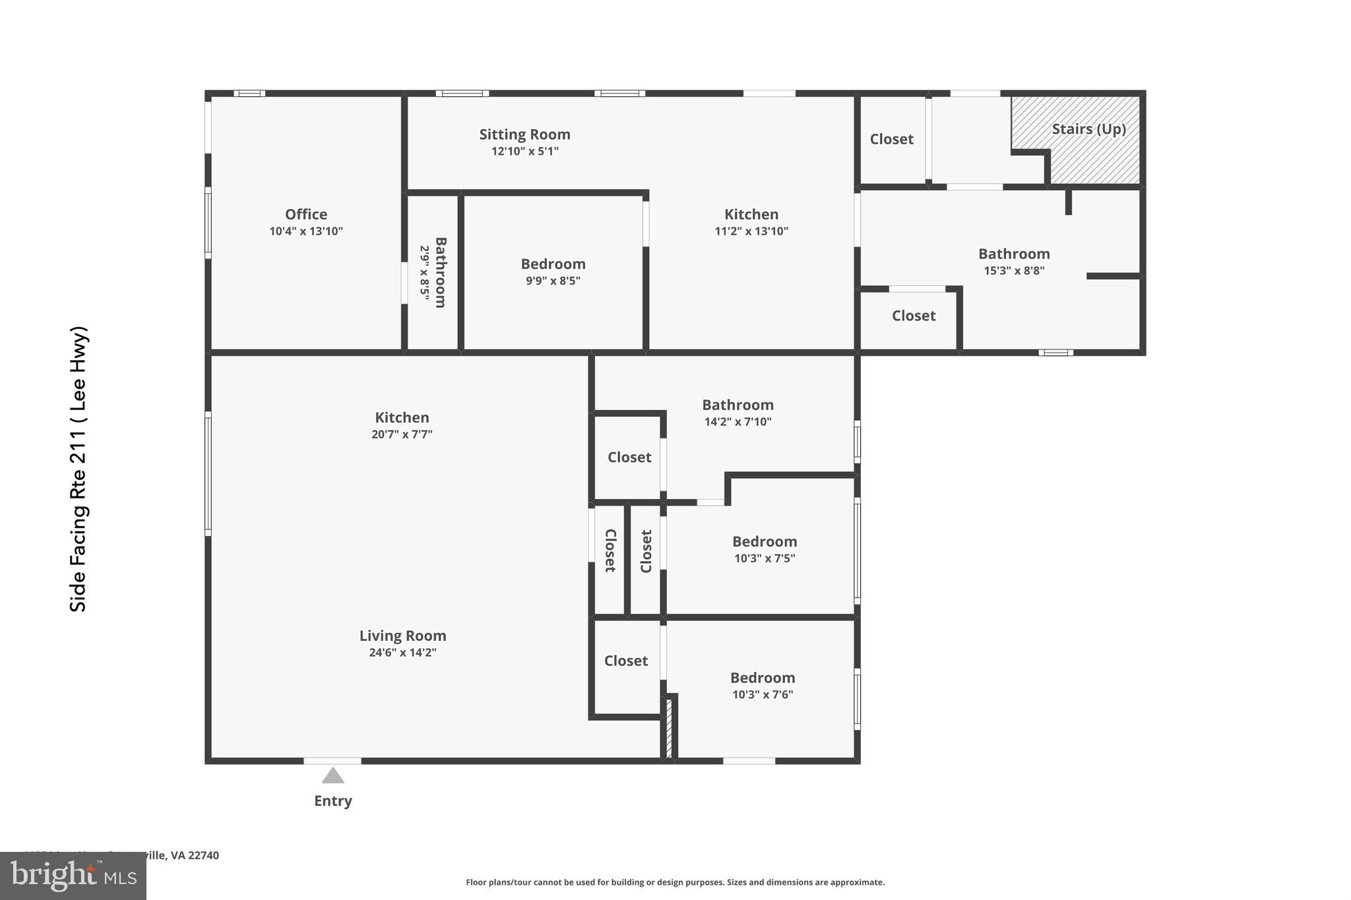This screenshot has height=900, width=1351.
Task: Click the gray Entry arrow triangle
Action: coord(332,776)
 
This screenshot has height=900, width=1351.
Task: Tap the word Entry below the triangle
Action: coord(332,800)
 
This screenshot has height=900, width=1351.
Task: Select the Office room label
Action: coord(306,214)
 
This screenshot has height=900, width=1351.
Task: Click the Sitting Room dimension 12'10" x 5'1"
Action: coord(524,151)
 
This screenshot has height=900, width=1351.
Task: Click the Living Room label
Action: coord(402,636)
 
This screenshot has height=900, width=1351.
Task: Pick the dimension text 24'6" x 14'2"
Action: coord(402,653)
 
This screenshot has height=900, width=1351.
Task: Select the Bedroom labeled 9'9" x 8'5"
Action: coord(553,264)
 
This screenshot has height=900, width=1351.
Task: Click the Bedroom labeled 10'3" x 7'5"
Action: coord(765,541)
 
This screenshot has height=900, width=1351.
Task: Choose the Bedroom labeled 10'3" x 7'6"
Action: coord(763,678)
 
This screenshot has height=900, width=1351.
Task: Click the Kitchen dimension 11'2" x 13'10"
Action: coord(751,231)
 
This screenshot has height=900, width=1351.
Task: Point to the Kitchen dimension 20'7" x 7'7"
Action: coord(402,435)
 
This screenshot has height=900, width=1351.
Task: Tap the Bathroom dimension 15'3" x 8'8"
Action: coord(1014,271)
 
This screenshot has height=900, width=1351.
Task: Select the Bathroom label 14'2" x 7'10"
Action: coord(738,405)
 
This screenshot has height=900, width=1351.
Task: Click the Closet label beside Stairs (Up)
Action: coord(891,139)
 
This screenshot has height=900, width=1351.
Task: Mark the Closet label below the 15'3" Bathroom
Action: coord(914,316)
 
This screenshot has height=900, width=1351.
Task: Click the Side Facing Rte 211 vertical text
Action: coord(79,469)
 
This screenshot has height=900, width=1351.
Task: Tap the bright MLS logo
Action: coord(73,876)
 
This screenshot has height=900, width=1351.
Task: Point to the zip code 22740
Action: coord(203,855)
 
